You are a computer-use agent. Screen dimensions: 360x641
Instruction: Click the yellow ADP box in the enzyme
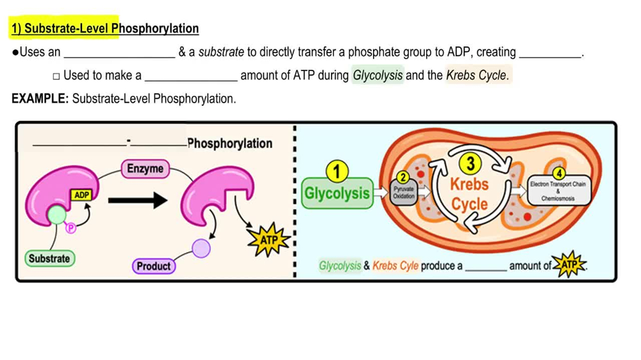click(x=81, y=195)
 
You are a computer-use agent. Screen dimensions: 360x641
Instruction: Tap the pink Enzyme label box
click(x=145, y=169)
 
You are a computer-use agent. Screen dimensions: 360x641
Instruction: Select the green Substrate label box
click(x=49, y=259)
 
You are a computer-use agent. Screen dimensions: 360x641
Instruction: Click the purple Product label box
click(x=154, y=266)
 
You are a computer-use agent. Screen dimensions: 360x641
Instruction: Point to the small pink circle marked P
click(x=71, y=227)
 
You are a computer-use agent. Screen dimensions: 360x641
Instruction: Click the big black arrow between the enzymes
click(x=137, y=200)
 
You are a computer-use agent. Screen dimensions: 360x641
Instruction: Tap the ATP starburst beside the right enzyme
click(x=268, y=240)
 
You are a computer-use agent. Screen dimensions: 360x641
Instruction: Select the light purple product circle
click(x=201, y=247)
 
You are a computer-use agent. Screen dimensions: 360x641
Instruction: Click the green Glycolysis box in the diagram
click(x=337, y=193)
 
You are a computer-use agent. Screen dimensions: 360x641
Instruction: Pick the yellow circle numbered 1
click(x=337, y=172)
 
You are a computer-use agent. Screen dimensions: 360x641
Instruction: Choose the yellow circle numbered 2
click(x=403, y=177)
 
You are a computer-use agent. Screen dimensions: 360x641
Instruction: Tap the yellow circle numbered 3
click(x=470, y=164)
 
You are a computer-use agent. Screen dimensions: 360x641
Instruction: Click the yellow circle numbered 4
click(x=558, y=174)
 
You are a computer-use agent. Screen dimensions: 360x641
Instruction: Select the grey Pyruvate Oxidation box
click(x=404, y=192)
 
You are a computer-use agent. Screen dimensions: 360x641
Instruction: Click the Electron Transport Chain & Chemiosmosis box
click(x=558, y=191)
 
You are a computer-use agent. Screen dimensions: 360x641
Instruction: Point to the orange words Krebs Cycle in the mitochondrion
click(x=469, y=194)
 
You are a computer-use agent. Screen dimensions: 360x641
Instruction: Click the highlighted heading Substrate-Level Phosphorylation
click(x=104, y=29)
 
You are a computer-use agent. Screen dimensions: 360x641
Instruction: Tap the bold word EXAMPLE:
click(x=40, y=99)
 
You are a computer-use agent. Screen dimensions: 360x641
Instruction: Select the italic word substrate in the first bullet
click(x=221, y=53)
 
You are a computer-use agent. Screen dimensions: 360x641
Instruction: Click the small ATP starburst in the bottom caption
click(x=569, y=265)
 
